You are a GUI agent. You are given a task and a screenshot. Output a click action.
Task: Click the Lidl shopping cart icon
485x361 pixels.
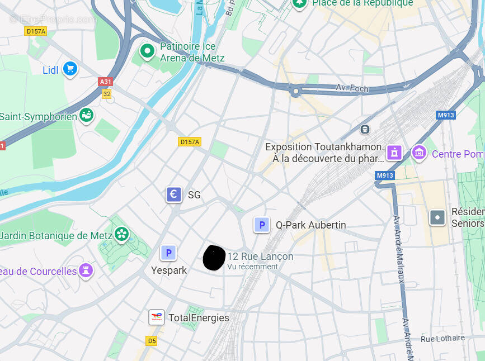pos(70,69)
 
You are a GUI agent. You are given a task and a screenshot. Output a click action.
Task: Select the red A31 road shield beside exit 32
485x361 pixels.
pos(105,82)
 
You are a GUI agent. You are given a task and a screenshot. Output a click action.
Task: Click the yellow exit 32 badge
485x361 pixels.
pos(107,94)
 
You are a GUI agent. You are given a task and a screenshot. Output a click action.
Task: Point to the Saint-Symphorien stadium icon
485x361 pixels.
pos(86,116)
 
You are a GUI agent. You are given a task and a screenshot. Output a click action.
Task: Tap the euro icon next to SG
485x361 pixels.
pos(174,194)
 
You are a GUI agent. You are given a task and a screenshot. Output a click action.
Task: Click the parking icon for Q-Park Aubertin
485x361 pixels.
pos(261,225)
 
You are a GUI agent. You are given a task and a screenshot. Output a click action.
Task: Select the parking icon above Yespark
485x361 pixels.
pos(168,253)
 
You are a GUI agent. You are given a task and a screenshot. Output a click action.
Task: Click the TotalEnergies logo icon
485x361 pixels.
pos(156,317)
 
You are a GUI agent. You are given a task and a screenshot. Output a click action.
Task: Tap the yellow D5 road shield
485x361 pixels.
pos(152,340)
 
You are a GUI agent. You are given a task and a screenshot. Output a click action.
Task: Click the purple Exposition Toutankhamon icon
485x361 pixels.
pos(394,152)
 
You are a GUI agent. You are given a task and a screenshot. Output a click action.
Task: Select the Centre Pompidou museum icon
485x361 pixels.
pos(419,152)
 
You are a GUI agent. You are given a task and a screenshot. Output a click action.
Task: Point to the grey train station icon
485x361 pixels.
pos(365,129)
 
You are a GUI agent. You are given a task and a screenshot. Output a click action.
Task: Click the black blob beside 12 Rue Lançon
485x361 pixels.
pos(214,258)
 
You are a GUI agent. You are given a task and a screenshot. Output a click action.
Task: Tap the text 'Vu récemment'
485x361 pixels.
pos(252,267)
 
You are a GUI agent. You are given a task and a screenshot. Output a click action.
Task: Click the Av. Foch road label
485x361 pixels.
pos(350,88)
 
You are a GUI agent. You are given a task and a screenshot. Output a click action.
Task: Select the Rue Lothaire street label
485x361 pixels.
pos(442,338)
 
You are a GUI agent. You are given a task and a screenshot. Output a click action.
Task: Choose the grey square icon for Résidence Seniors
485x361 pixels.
pos(437,217)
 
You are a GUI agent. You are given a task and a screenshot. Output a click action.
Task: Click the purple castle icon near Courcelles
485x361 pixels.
pos(86,270)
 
